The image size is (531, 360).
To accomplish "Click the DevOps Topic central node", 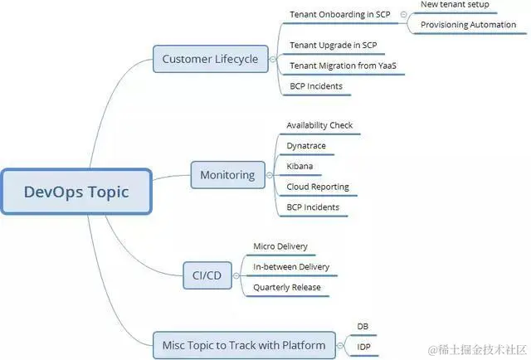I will (x=76, y=192).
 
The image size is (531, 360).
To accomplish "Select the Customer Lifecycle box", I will (x=210, y=59).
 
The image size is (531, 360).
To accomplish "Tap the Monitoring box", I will (x=227, y=175).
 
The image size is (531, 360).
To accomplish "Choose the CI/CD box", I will (x=207, y=275).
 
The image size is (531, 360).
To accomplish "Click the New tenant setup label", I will (x=455, y=5).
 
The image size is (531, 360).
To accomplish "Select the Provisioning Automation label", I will (x=468, y=25).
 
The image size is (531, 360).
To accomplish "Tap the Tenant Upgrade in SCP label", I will (x=333, y=45).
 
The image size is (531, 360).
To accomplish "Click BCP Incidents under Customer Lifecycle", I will (x=316, y=86).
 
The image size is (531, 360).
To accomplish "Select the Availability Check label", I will (x=319, y=125).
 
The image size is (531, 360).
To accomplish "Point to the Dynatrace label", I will (x=306, y=146).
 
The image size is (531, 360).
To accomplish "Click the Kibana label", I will (x=300, y=166).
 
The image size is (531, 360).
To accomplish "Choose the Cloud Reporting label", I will (x=318, y=187).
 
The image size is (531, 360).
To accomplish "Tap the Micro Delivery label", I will (x=280, y=246).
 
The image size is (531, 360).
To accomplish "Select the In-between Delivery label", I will (x=291, y=267).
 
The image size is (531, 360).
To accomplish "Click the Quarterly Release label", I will (x=286, y=288).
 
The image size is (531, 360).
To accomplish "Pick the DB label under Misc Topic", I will (x=363, y=327).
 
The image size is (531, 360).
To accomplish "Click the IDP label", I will (x=363, y=347).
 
